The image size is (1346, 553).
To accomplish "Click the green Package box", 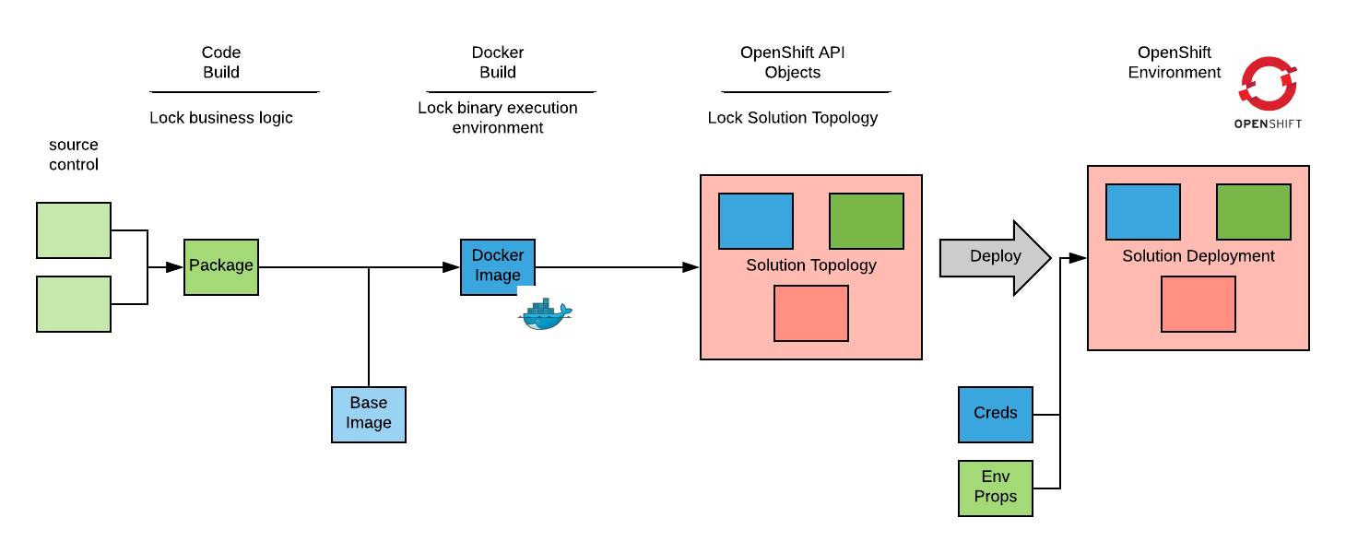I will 221,267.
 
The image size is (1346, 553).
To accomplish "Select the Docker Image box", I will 498,267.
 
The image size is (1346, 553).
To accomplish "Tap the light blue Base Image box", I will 369,415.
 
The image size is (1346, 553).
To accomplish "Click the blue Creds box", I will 996,415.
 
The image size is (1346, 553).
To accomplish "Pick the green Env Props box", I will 996,488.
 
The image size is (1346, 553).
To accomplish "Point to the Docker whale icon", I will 545,314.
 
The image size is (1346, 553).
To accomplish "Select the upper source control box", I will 74,230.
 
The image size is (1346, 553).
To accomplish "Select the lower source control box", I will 74,304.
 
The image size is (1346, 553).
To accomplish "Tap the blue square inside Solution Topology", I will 756,221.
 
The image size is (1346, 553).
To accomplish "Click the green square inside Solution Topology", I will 867,221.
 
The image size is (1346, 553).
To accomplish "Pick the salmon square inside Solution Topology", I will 811,313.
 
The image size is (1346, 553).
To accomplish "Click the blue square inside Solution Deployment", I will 1143,212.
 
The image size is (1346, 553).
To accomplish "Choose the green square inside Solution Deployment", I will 1254,212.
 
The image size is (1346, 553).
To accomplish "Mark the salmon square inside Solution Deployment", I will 1198,304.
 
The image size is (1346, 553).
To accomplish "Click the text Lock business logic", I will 221,118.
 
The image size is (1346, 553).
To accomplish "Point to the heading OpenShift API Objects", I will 793,63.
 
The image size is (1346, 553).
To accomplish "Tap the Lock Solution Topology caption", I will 793,118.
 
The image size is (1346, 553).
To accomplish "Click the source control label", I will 74,155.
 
